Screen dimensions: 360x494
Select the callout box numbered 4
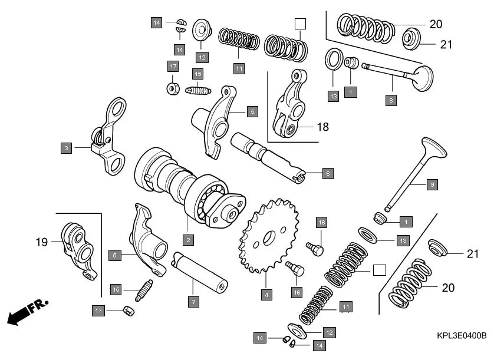[x=266, y=294]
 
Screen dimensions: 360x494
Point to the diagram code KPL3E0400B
[x=462, y=335]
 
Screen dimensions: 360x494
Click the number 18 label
[x=322, y=127]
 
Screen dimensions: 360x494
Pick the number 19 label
[x=41, y=242]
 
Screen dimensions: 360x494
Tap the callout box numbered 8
[x=390, y=100]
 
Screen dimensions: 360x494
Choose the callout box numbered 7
[x=193, y=301]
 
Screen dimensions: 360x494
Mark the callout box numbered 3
[x=66, y=147]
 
